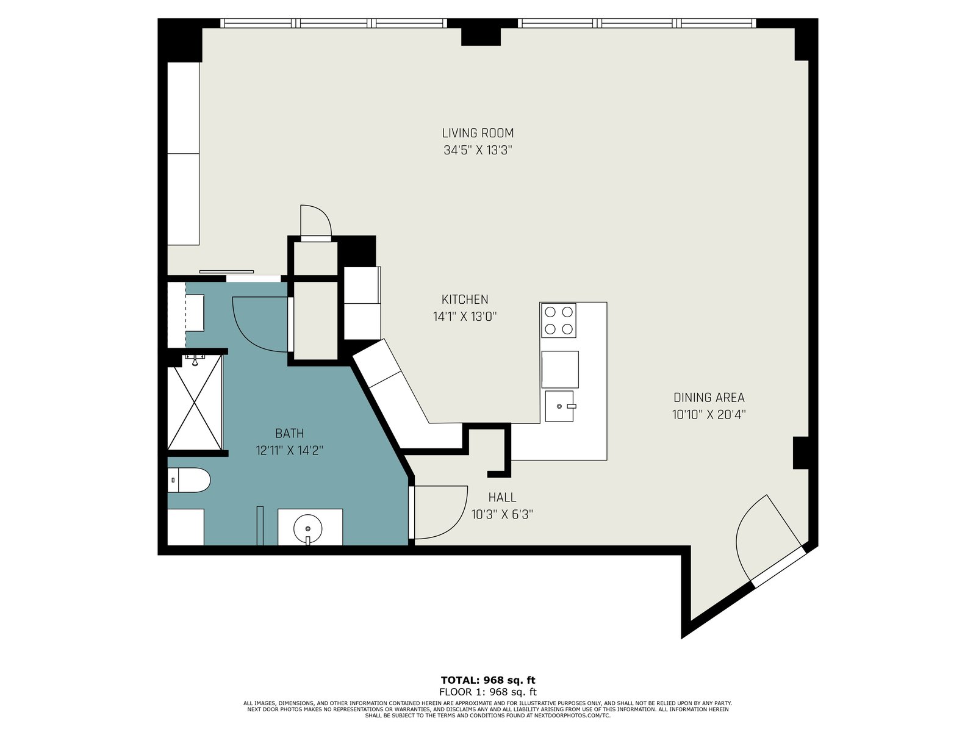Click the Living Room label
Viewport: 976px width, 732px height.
478,133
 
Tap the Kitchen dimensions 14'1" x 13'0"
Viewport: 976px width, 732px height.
465,317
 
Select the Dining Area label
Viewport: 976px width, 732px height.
709,397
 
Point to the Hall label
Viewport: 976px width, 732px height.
502,497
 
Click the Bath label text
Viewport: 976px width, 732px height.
290,433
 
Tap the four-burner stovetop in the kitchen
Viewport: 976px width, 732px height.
559,320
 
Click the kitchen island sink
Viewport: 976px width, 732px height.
560,406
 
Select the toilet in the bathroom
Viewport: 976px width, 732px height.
189,480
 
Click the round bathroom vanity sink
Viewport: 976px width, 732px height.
307,528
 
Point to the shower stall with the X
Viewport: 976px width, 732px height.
195,403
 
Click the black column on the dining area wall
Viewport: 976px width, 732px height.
800,453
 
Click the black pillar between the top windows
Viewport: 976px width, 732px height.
481,32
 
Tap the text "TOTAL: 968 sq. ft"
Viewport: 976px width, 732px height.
488,680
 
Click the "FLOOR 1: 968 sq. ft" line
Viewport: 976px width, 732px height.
488,692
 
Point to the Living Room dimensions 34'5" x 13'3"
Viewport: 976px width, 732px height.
478,150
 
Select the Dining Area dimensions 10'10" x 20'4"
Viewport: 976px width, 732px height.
709,415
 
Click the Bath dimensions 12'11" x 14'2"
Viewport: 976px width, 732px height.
290,451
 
